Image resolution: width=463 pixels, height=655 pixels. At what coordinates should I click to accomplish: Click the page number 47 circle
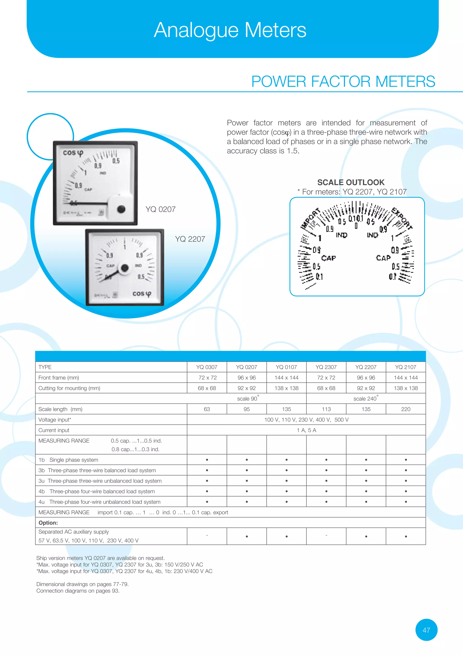point(426,630)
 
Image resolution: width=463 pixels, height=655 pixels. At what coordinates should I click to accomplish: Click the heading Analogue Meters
point(230,30)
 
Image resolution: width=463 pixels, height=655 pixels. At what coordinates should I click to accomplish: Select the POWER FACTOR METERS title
point(343,82)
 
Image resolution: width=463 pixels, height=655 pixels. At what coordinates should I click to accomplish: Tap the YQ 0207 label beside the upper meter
point(160,209)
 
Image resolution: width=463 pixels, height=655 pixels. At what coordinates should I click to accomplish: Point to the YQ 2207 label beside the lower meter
point(190,239)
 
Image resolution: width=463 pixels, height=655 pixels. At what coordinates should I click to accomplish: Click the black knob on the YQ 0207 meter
point(121,209)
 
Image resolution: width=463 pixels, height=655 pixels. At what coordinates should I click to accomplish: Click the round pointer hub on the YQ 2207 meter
point(125,268)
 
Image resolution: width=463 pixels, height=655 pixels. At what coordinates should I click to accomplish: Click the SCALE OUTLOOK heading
point(351,182)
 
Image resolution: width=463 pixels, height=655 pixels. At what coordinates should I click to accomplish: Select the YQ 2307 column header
point(326,367)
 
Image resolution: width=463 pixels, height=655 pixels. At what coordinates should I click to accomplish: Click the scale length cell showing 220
point(405,409)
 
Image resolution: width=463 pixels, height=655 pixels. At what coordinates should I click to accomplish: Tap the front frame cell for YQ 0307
point(207,378)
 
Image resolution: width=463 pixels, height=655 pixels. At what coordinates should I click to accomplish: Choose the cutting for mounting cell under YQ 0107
point(286,388)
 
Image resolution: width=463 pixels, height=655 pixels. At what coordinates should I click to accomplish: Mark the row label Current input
point(54,430)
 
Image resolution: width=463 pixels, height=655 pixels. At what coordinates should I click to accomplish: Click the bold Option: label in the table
point(48,523)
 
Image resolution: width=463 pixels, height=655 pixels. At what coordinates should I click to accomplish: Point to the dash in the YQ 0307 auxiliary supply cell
point(207,535)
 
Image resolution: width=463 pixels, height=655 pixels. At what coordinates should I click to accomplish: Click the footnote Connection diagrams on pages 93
point(78,591)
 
